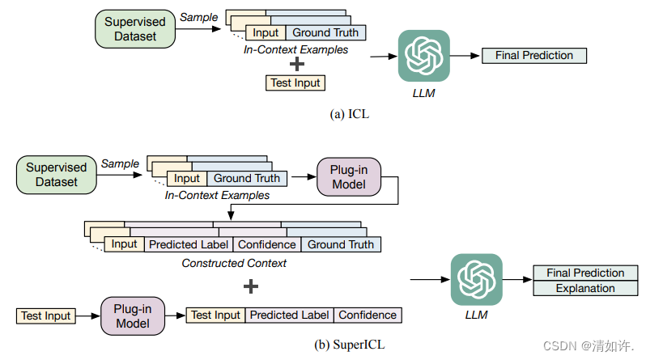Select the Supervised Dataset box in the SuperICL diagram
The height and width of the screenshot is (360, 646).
click(56, 176)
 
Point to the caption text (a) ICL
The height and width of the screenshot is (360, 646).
click(351, 115)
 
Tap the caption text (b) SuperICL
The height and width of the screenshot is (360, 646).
click(350, 345)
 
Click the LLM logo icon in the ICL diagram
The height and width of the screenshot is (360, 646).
click(423, 57)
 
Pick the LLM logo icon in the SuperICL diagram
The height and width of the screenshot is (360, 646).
click(476, 279)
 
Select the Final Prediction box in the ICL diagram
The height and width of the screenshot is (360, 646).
click(533, 56)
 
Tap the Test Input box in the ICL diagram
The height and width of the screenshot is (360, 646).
click(295, 83)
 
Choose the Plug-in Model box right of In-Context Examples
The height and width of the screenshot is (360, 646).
click(347, 177)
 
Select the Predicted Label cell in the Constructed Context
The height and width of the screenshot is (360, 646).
click(189, 244)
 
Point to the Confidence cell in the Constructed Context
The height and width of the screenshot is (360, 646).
click(267, 244)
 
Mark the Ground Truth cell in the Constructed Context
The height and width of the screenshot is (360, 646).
click(341, 244)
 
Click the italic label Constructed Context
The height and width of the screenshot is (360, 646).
click(233, 263)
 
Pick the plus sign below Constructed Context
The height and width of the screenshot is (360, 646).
click(251, 285)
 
